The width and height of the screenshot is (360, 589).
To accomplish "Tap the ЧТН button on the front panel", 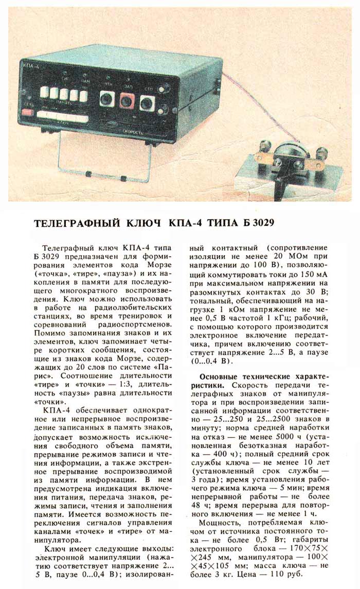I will coord(107,99).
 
